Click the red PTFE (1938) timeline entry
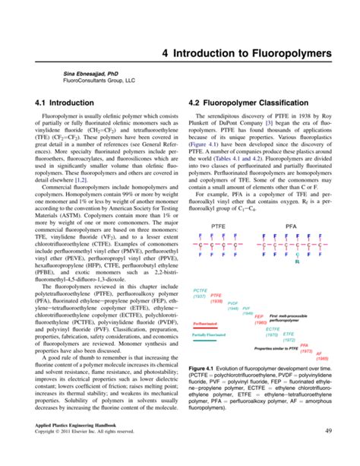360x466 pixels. point(216,299)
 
